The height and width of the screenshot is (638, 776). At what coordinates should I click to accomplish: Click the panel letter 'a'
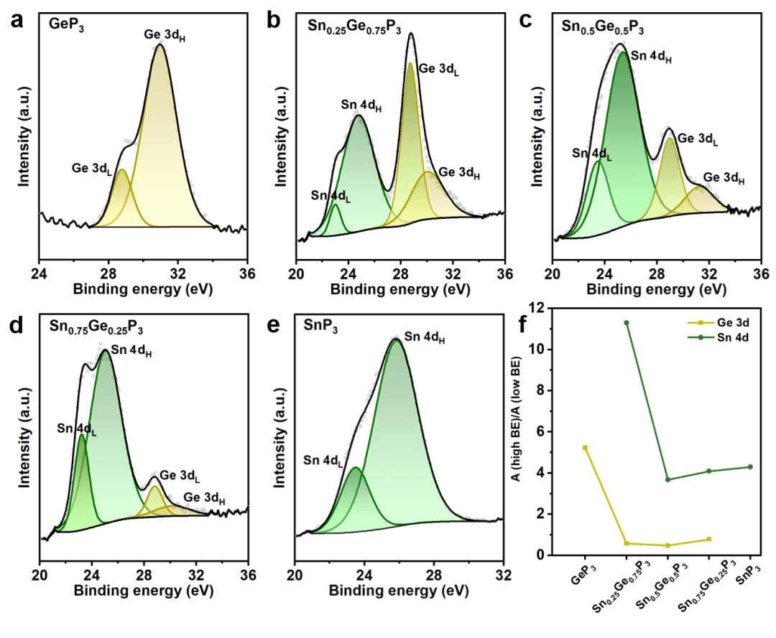coord(17,22)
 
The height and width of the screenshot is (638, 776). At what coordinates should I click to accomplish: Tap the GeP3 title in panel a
coord(66,24)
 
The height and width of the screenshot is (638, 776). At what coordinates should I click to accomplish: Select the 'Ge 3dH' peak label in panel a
coord(165,35)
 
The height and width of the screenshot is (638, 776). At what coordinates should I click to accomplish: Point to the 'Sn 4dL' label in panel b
coord(331,196)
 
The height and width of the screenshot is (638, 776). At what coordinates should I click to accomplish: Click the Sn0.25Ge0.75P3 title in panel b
coord(354,26)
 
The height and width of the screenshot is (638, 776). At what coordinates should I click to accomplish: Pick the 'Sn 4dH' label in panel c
coord(651,57)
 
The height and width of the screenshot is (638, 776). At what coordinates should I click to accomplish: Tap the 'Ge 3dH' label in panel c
coord(724,178)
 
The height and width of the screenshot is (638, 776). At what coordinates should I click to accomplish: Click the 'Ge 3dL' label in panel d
coord(180,476)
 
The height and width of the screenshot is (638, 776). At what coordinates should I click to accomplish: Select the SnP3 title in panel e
coord(320,326)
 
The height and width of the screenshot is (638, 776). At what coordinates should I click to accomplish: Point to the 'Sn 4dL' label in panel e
coord(323,461)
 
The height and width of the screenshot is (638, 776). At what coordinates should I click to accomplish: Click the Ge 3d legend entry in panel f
coord(718,323)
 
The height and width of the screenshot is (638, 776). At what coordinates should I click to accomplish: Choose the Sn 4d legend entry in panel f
coord(718,337)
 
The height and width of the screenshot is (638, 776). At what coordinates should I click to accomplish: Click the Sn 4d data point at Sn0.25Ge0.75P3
coord(627,323)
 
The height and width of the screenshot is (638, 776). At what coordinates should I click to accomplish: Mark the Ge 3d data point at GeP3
coord(585,448)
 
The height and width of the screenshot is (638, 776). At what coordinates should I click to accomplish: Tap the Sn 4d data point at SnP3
coord(750,466)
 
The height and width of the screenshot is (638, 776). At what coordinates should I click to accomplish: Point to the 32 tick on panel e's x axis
coord(503,576)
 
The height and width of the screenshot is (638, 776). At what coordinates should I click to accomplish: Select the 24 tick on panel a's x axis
coord(39,273)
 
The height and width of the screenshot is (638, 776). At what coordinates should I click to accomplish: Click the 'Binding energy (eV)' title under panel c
coord(656,289)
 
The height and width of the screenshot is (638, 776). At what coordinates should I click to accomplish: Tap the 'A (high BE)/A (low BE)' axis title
coord(516,418)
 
